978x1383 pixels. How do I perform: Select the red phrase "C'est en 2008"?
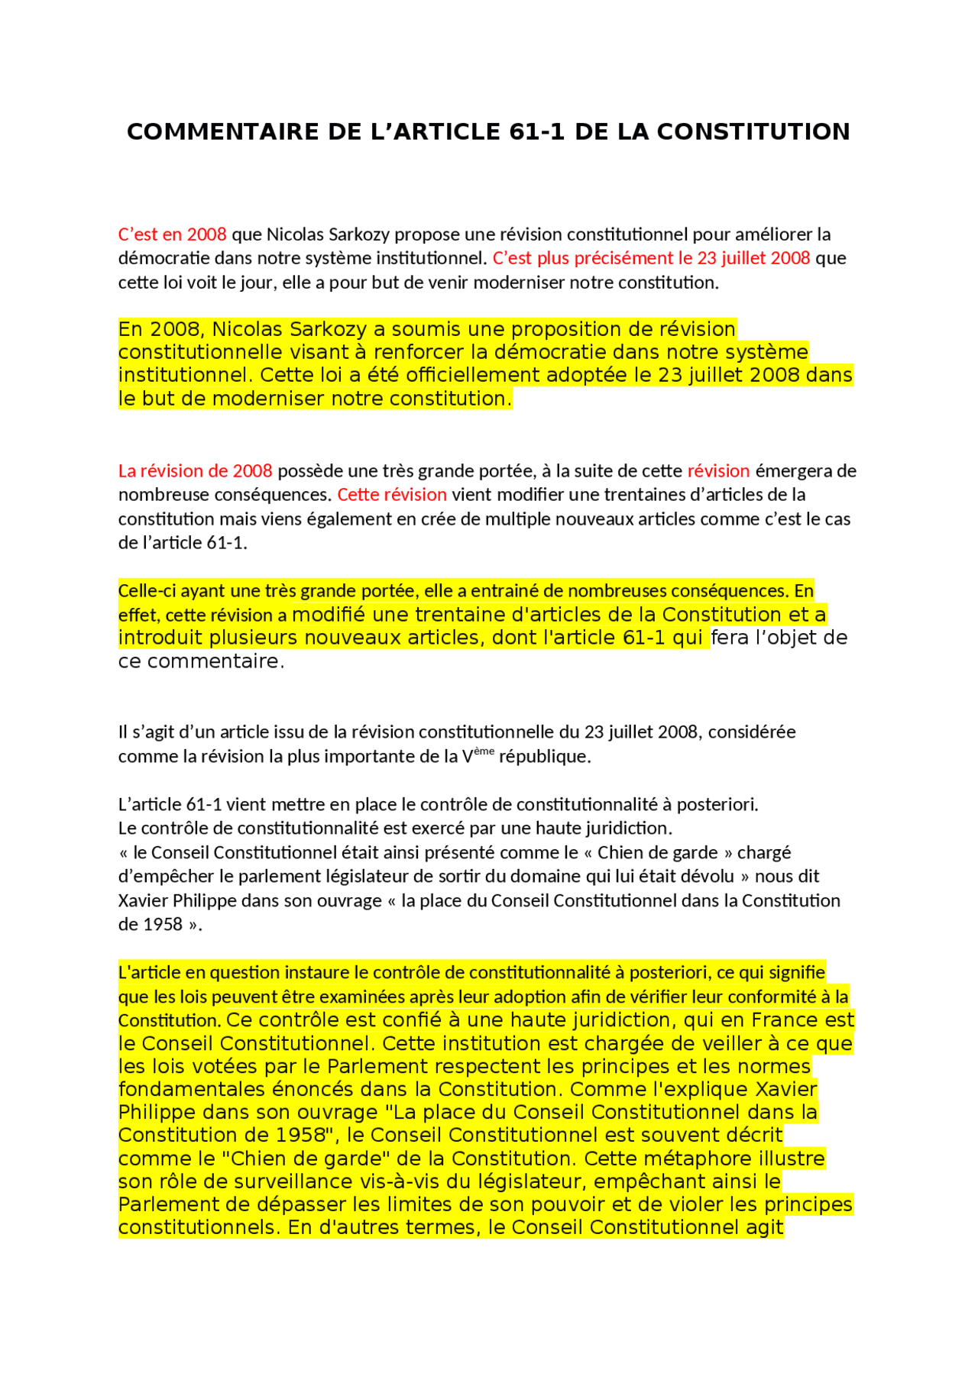(172, 234)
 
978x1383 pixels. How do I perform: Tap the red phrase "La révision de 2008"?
(195, 470)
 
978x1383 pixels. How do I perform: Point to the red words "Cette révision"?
(392, 494)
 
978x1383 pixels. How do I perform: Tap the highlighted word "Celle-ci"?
(146, 590)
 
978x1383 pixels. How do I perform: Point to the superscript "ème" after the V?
(484, 751)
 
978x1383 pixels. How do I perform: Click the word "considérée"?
(752, 732)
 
